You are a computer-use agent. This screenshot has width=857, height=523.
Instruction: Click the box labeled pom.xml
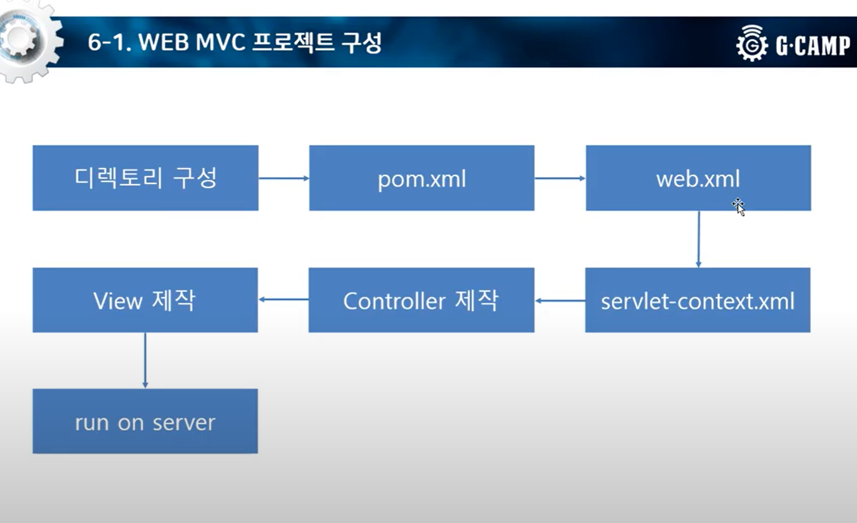[421, 178]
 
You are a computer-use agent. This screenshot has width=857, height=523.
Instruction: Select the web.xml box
[698, 178]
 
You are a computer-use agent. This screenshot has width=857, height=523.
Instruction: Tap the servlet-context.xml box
[697, 300]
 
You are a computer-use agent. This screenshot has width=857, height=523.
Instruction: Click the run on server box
[145, 421]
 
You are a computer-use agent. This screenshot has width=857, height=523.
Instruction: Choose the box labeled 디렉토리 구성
[145, 178]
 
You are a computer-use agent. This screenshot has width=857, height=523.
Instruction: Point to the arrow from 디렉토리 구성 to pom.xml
[283, 178]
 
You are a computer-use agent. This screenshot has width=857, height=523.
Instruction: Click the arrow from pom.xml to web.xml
[560, 178]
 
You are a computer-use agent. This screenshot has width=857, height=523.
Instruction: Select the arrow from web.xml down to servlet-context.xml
[698, 239]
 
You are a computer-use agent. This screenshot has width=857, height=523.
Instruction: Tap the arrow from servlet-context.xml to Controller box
[560, 301]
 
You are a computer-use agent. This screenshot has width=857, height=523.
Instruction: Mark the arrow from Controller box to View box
[283, 300]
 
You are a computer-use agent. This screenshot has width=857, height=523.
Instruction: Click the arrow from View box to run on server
[145, 360]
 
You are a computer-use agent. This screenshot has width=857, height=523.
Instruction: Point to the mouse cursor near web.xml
[738, 206]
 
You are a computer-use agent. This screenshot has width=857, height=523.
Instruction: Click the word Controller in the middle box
[394, 301]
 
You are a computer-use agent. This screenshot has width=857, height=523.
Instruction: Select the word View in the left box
[118, 301]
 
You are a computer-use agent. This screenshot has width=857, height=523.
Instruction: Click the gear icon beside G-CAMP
[751, 44]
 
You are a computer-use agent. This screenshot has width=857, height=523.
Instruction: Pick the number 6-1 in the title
[109, 42]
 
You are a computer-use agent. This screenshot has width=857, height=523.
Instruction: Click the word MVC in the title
[220, 42]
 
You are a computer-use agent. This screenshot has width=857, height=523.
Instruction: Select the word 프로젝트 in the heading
[293, 42]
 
